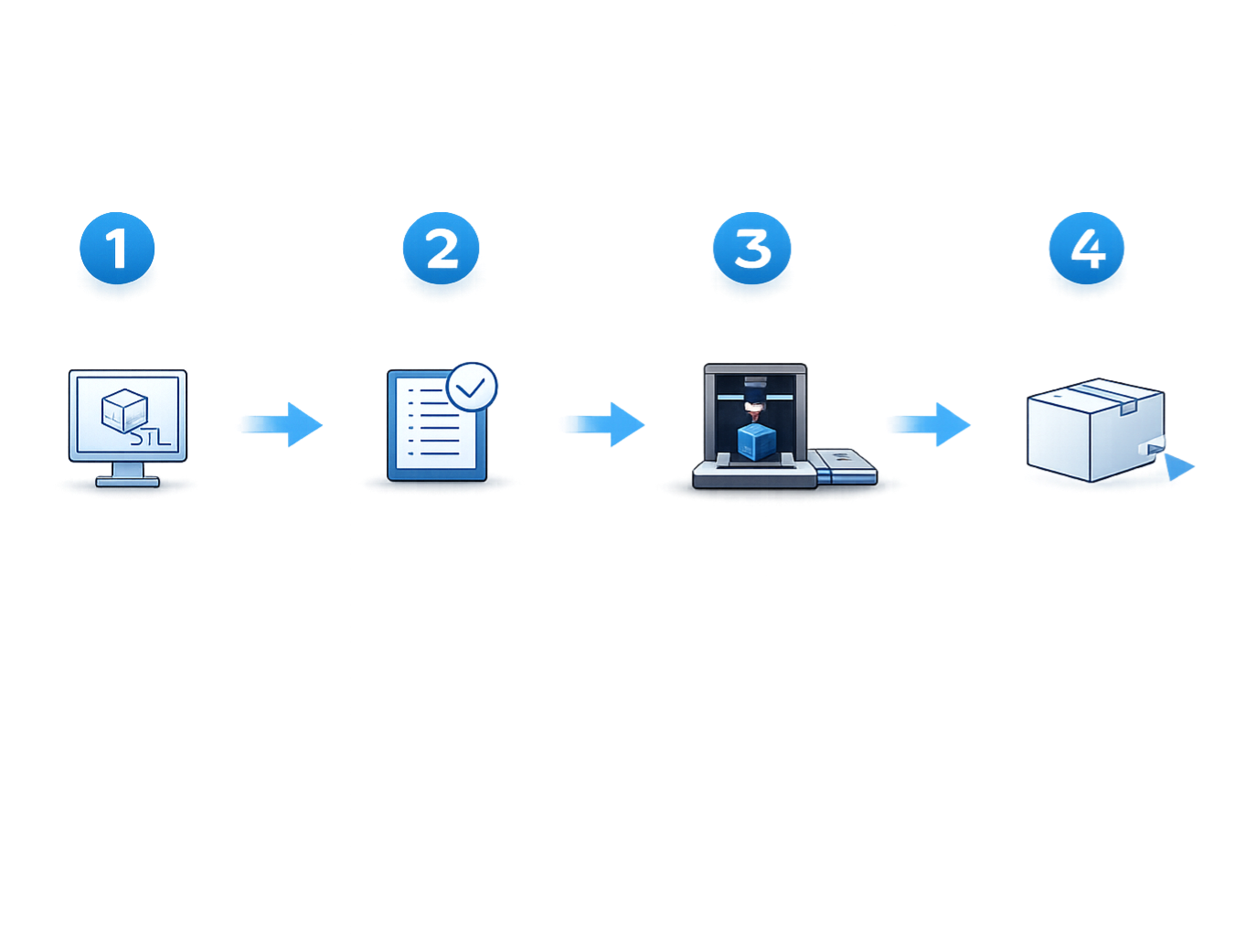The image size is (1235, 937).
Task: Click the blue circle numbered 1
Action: pos(117,249)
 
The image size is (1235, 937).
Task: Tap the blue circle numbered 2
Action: pos(442,249)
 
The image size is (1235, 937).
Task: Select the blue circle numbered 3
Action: pos(751,249)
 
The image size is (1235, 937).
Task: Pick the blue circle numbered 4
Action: pos(1086,249)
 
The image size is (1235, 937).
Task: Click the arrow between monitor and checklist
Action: pos(281,425)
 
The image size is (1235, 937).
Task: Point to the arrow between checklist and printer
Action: pos(602,424)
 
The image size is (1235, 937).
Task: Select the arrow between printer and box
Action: pos(929,424)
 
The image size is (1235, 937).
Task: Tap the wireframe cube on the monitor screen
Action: pos(123,410)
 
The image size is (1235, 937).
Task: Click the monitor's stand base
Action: pos(127,480)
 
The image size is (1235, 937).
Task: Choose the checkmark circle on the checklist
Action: pos(473,388)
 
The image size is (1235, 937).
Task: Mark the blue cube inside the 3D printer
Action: pos(756,442)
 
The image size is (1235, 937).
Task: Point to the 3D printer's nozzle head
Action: pos(754,394)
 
